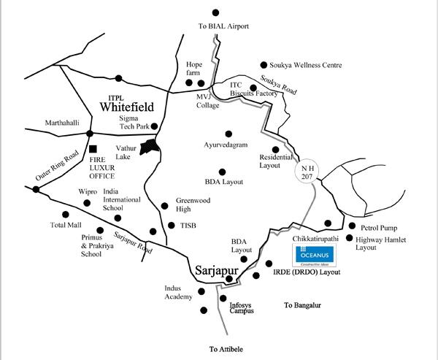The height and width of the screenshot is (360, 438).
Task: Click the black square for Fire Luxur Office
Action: pyautogui.click(x=93, y=149)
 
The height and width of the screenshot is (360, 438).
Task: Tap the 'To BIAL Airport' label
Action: pyautogui.click(x=224, y=26)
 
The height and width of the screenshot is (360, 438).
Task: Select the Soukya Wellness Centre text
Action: pyautogui.click(x=310, y=64)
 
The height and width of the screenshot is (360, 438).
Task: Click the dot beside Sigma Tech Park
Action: pyautogui.click(x=154, y=126)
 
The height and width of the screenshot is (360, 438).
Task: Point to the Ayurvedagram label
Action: pyautogui.click(x=228, y=145)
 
